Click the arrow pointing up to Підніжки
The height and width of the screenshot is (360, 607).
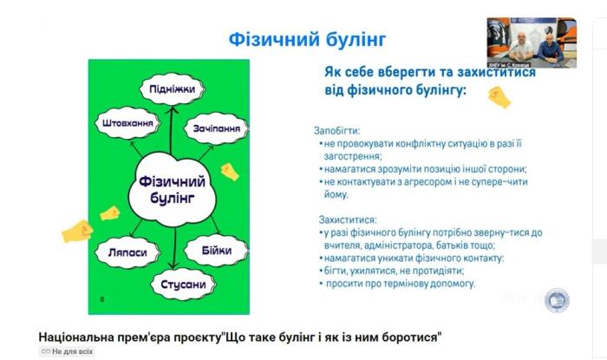pos(170,130)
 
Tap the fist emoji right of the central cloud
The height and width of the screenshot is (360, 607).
pos(230,171)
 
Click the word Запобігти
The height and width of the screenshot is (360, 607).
pos(336,129)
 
